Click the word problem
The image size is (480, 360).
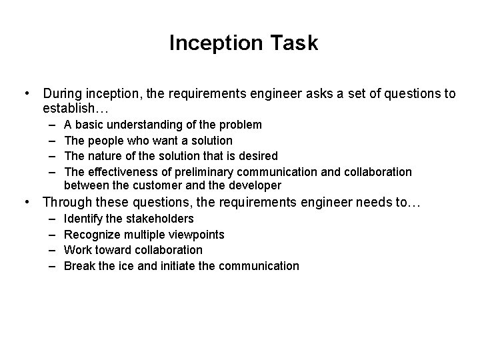[241, 125]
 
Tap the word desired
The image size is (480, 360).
[259, 156]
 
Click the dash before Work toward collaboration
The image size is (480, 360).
[51, 250]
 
